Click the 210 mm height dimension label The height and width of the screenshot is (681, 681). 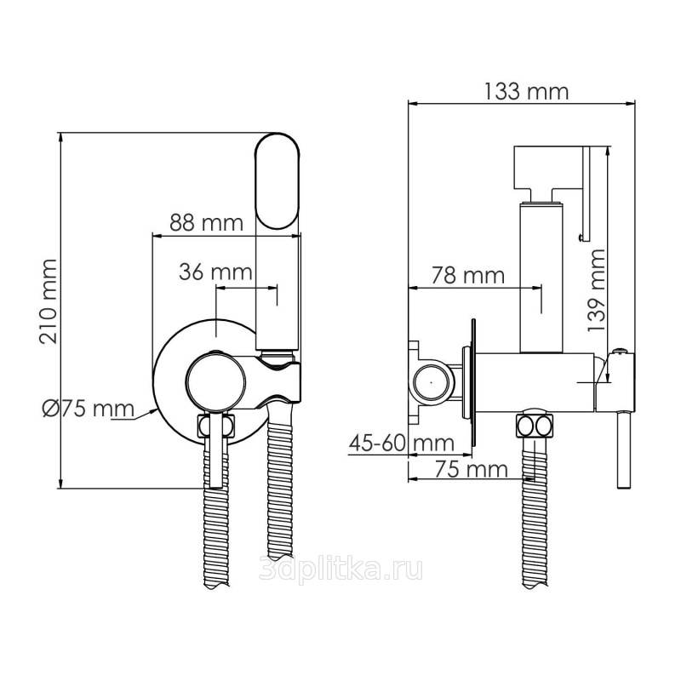pyautogui.click(x=49, y=301)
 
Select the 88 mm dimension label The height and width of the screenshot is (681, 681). pyautogui.click(x=206, y=222)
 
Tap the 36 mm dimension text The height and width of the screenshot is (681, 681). pyautogui.click(x=215, y=272)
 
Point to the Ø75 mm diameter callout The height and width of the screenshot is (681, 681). pyautogui.click(x=89, y=409)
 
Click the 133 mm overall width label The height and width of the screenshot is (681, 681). pyautogui.click(x=526, y=91)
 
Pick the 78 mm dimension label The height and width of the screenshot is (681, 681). pyautogui.click(x=468, y=275)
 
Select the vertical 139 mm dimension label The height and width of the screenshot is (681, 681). pyautogui.click(x=597, y=290)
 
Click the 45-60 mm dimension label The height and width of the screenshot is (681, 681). pyautogui.click(x=402, y=443)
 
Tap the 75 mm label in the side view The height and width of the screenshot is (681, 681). pyautogui.click(x=472, y=469)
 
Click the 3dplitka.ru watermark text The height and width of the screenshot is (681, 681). pyautogui.click(x=340, y=569)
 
